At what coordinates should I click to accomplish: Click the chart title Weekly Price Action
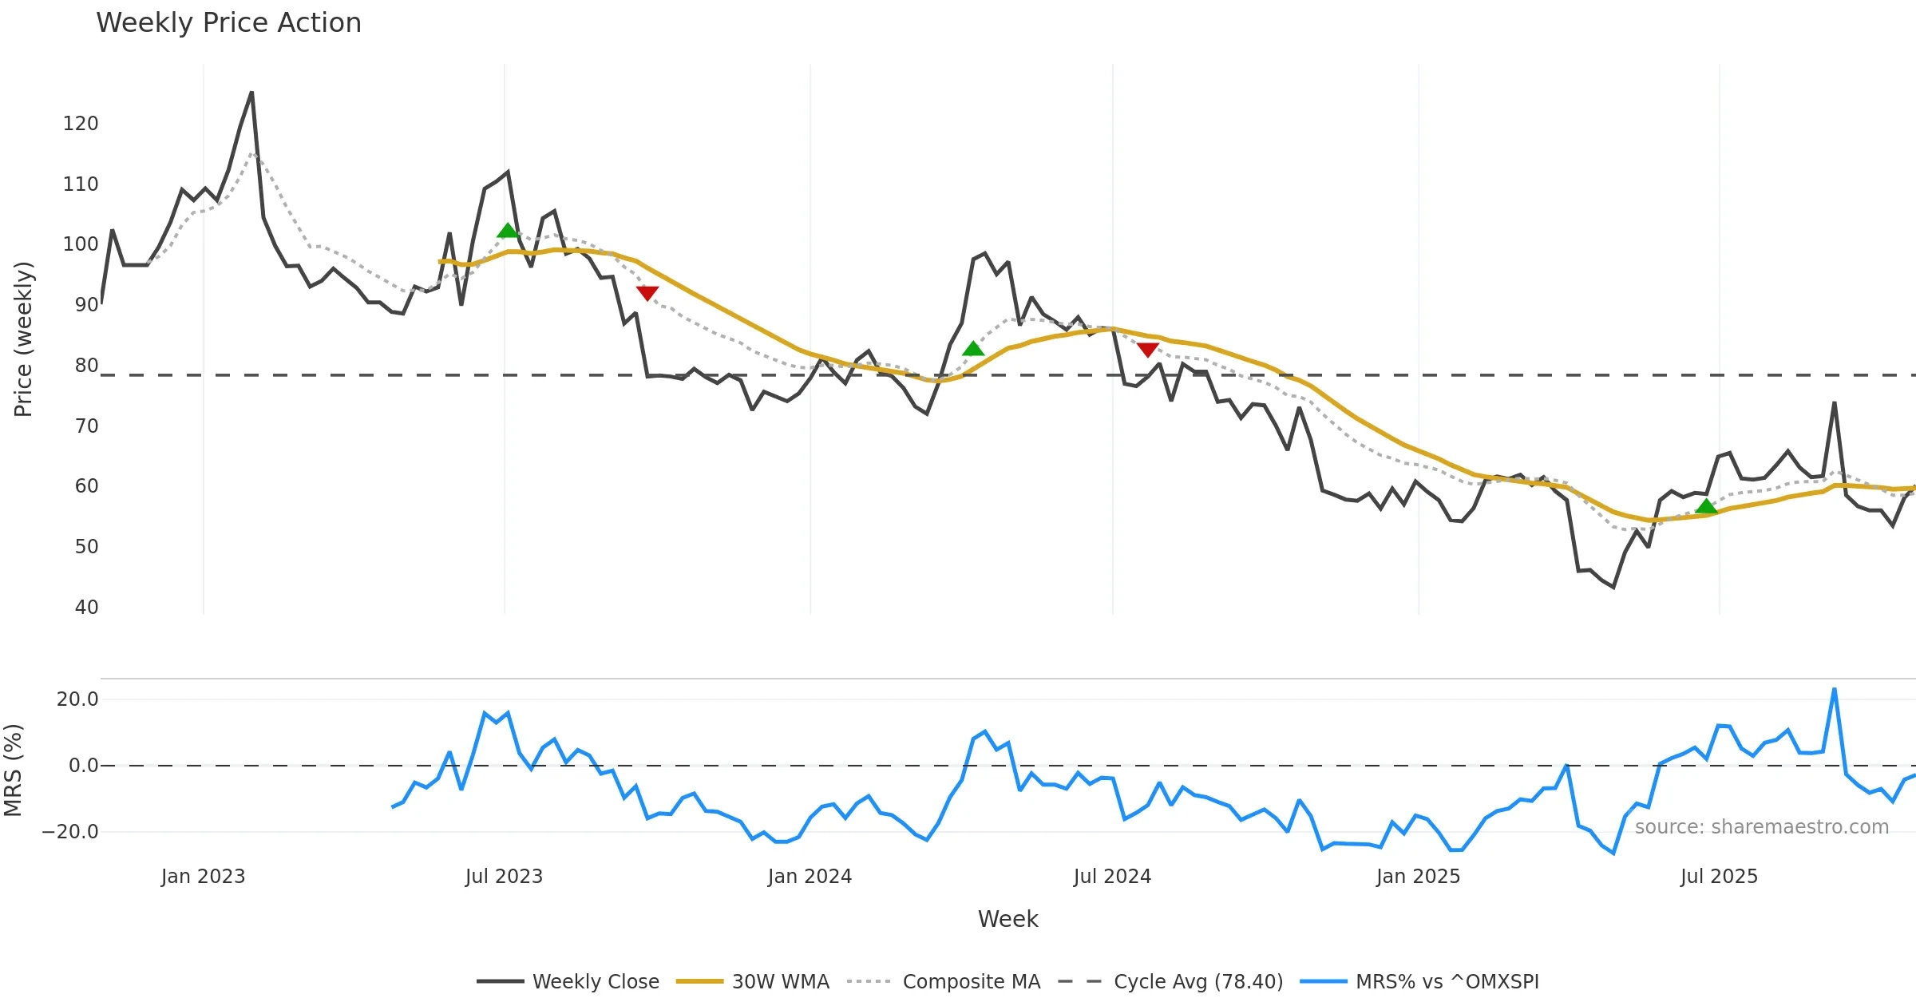pyautogui.click(x=228, y=23)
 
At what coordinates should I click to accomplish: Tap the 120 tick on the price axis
pyautogui.click(x=81, y=124)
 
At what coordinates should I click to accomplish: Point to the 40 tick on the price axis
pyautogui.click(x=86, y=608)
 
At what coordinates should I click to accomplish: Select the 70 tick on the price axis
pyautogui.click(x=86, y=426)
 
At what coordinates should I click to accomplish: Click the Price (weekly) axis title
pyautogui.click(x=23, y=339)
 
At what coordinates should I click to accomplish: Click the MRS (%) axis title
pyautogui.click(x=14, y=770)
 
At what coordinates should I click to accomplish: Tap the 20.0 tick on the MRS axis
pyautogui.click(x=77, y=699)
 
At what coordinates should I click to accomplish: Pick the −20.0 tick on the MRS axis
pyautogui.click(x=70, y=832)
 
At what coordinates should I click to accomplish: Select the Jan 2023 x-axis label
pyautogui.click(x=203, y=877)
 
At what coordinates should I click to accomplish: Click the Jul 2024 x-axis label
pyautogui.click(x=1112, y=877)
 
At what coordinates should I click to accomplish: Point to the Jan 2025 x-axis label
pyautogui.click(x=1418, y=877)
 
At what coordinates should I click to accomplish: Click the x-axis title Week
pyautogui.click(x=1007, y=920)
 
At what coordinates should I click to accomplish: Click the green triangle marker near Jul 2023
pyautogui.click(x=508, y=231)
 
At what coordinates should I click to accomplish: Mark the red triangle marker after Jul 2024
pyautogui.click(x=1147, y=350)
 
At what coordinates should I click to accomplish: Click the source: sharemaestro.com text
pyautogui.click(x=1761, y=827)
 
